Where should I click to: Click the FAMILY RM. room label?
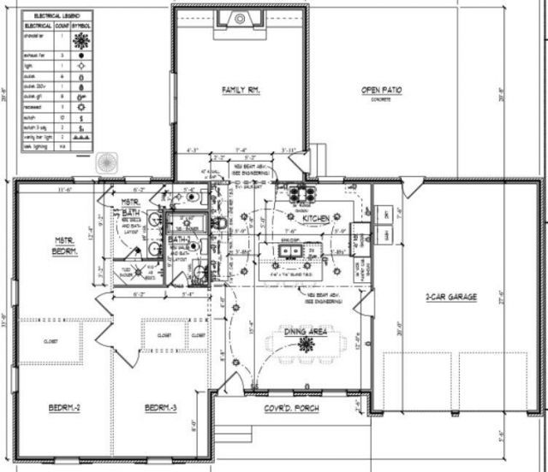click(241, 89)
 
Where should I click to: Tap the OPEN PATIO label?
click(381, 90)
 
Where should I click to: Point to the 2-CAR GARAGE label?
click(450, 298)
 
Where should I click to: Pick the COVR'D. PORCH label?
click(291, 409)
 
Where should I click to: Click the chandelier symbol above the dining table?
click(306, 344)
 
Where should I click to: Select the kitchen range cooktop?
click(304, 192)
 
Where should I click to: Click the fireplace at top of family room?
click(239, 18)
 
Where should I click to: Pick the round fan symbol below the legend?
click(108, 162)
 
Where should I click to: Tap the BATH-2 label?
click(178, 241)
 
